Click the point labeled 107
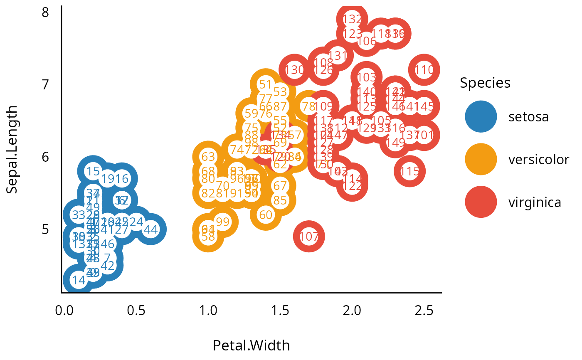(309, 237)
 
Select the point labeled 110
(424, 70)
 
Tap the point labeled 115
(410, 171)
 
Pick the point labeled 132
(352, 19)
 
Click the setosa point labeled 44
(151, 229)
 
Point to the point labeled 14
(79, 280)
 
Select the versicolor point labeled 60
(265, 215)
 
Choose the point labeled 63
(208, 157)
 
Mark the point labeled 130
(294, 70)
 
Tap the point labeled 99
(223, 222)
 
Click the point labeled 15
(93, 171)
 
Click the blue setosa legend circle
(481, 117)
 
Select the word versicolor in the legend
(538, 160)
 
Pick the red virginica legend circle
(481, 202)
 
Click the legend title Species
(485, 83)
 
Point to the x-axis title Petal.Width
(251, 345)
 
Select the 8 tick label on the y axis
(45, 12)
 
